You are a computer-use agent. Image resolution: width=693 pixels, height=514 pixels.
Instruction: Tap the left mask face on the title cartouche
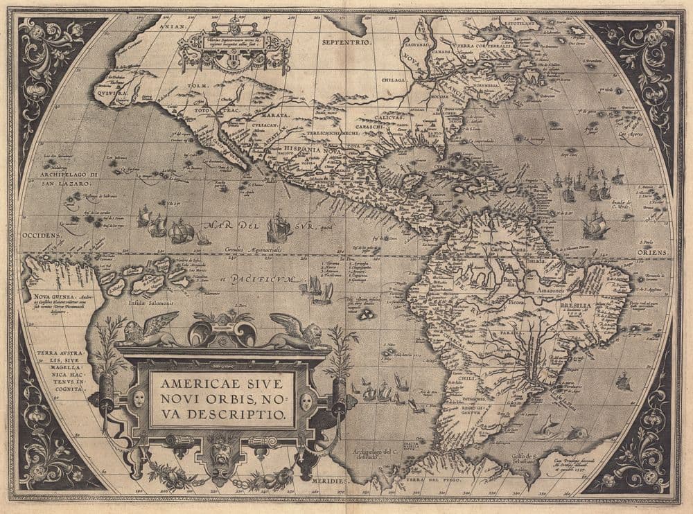[140, 400]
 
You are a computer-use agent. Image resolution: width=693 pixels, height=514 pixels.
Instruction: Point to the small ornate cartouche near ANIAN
[233, 48]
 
